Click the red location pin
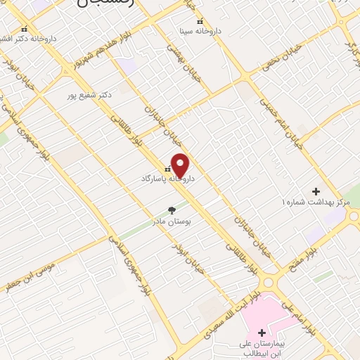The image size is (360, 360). [180, 165]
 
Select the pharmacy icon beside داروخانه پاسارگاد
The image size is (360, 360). [167, 169]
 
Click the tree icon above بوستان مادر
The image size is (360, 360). [172, 210]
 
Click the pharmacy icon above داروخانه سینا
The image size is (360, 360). [201, 21]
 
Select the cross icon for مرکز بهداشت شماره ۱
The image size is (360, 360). [316, 191]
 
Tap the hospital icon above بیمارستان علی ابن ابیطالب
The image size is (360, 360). [262, 333]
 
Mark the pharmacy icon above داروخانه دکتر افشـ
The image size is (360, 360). [25, 29]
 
